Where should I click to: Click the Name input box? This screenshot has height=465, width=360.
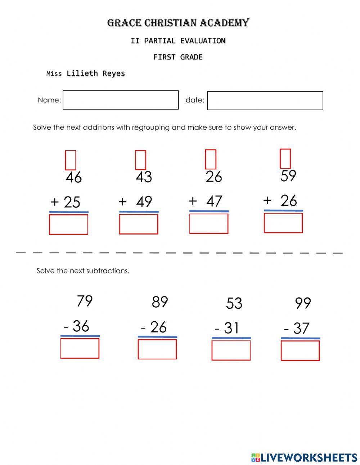(121, 100)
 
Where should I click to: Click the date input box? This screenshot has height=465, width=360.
(265, 100)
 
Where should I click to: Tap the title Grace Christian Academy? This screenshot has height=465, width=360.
(178, 23)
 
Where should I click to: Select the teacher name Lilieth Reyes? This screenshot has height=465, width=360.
(96, 73)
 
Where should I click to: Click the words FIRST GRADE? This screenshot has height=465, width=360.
(178, 57)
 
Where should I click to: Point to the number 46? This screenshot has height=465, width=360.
(74, 178)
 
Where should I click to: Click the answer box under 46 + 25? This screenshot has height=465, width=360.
(68, 224)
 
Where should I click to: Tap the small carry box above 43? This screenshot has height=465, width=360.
(140, 160)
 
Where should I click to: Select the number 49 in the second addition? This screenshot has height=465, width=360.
(144, 202)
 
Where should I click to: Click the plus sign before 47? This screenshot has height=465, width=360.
(193, 201)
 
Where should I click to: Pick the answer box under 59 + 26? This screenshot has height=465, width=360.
(283, 223)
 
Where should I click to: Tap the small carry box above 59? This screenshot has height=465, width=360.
(285, 159)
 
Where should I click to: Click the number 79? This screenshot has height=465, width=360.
(85, 301)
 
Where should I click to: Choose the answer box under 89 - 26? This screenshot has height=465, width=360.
(157, 349)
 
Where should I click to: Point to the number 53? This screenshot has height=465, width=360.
(234, 303)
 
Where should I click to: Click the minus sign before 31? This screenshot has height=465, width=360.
(217, 329)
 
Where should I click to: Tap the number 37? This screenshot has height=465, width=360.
(301, 328)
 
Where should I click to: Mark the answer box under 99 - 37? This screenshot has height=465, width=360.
(300, 350)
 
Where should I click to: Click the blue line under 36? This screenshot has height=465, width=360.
(80, 336)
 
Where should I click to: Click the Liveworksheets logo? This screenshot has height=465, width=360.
(304, 457)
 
